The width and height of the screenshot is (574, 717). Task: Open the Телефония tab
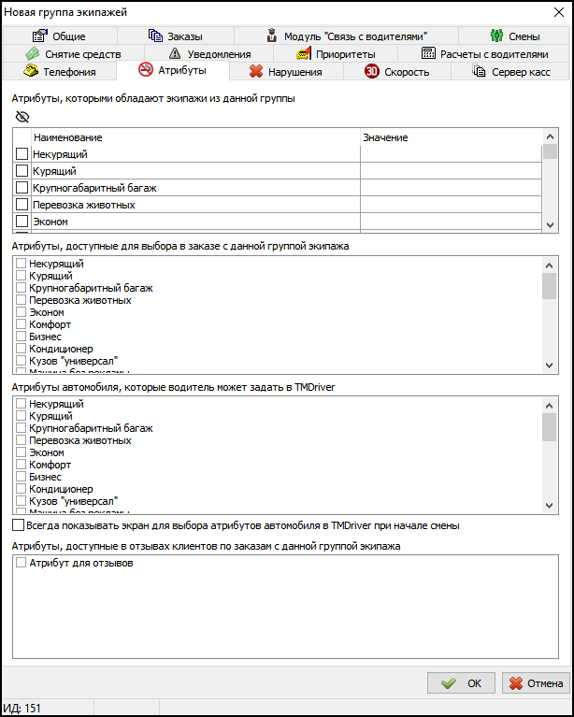click(x=62, y=71)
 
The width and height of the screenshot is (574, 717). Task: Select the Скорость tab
click(x=397, y=71)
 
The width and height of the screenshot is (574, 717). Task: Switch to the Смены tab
click(x=515, y=36)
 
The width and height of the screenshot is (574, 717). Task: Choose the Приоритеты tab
click(x=338, y=54)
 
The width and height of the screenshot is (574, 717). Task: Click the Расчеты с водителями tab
click(x=484, y=54)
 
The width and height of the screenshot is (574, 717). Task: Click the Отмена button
click(x=536, y=683)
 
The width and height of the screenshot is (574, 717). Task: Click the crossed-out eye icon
click(x=22, y=117)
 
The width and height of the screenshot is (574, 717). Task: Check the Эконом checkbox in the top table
click(x=22, y=222)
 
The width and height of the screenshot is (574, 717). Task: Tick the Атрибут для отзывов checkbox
click(x=21, y=564)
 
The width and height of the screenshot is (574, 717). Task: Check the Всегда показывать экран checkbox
click(x=19, y=525)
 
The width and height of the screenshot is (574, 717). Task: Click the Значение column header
click(x=385, y=137)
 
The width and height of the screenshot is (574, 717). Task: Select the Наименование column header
click(x=67, y=137)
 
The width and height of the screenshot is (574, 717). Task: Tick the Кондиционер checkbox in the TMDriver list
click(x=21, y=489)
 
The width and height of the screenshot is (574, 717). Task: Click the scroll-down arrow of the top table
click(x=550, y=225)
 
